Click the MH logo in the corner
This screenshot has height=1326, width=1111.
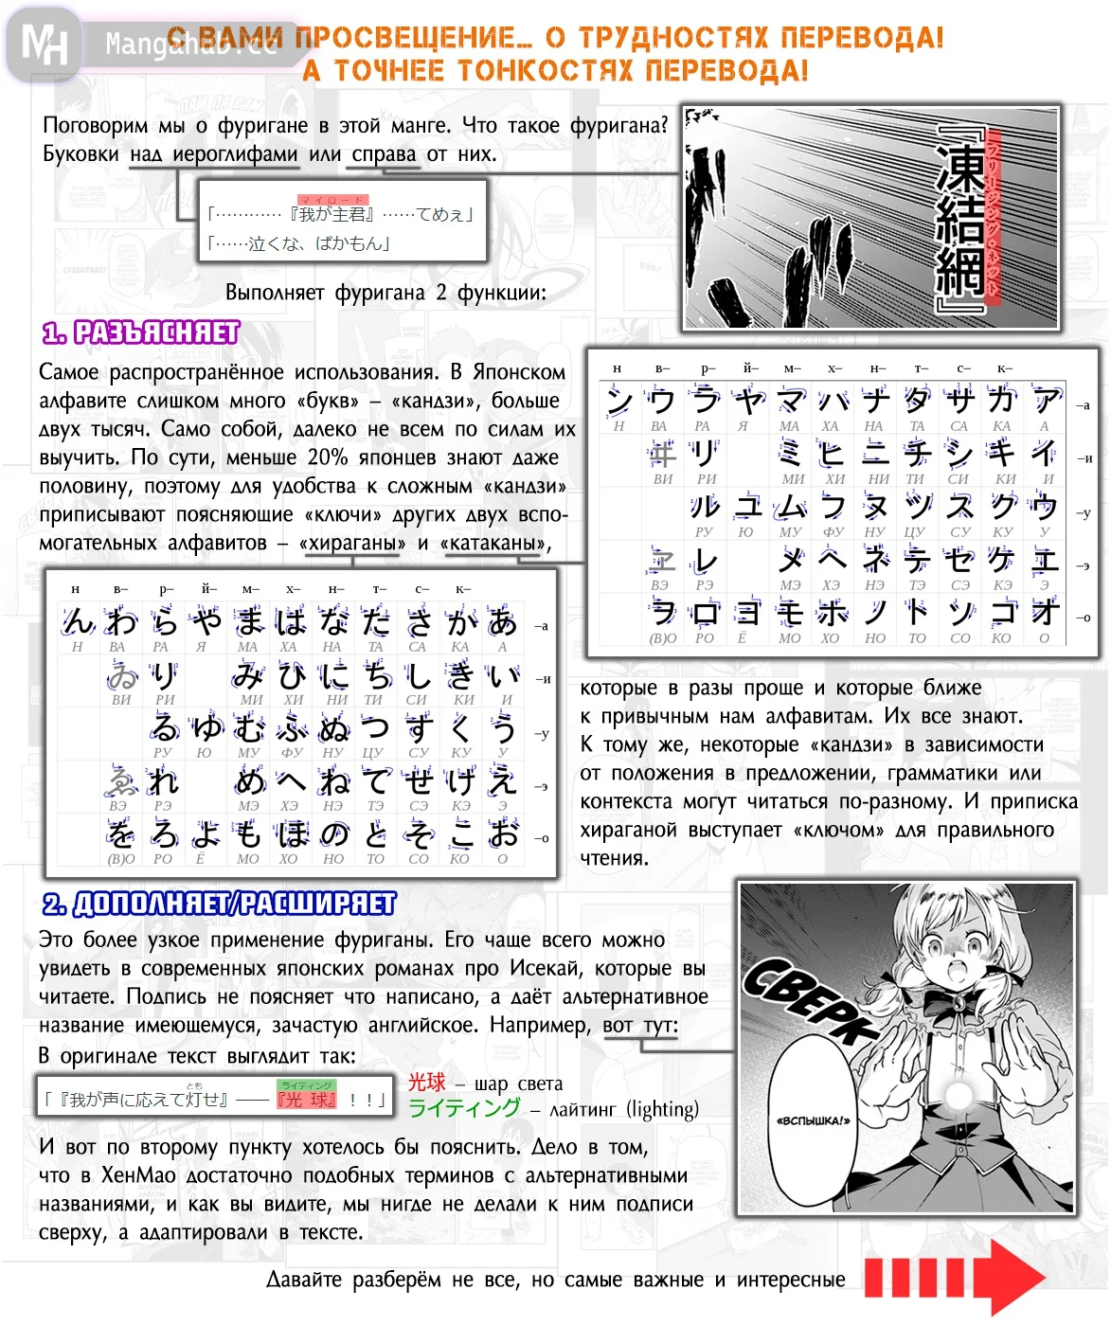(x=44, y=44)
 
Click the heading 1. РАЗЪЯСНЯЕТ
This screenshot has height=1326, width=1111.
(x=141, y=332)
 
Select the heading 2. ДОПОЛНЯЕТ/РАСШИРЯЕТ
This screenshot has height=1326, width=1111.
(x=219, y=904)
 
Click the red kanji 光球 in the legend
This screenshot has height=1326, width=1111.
(x=426, y=1083)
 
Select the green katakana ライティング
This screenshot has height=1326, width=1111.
(x=464, y=1108)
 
